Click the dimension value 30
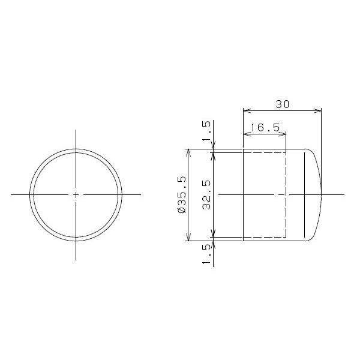click(283, 104)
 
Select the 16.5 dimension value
click(264, 127)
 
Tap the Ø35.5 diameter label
click(181, 195)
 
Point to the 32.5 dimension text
click(206, 195)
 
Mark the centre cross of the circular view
click(76, 194)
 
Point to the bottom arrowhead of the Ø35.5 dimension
click(188, 238)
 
